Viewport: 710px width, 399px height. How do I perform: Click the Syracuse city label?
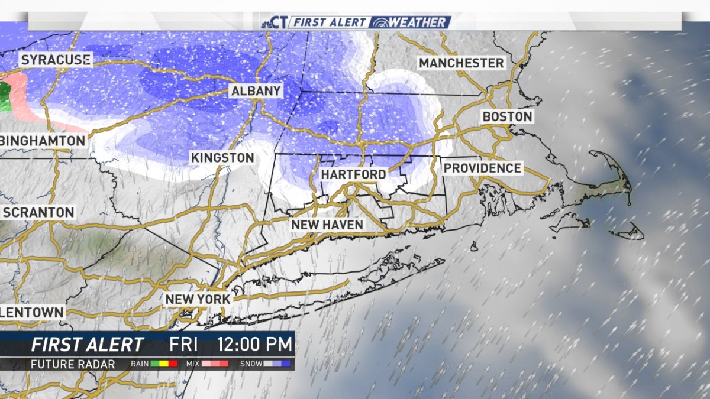(x=56, y=60)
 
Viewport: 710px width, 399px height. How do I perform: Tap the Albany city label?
(x=256, y=91)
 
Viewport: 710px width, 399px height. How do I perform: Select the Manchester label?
(x=461, y=63)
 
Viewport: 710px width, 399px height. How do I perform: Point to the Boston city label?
(x=508, y=116)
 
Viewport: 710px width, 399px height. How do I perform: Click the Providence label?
(x=482, y=168)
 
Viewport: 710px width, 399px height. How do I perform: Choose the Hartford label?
(x=353, y=174)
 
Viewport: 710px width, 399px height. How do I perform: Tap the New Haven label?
(x=327, y=225)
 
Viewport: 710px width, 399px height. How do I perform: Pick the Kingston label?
(x=222, y=158)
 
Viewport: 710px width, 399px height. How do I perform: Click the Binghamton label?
(x=43, y=141)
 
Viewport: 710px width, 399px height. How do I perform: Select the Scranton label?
(x=38, y=212)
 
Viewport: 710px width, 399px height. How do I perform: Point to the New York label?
(x=197, y=299)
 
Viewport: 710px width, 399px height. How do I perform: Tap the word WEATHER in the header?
(x=417, y=22)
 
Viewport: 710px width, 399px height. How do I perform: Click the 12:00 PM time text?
(x=254, y=344)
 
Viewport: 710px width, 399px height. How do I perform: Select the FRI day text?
(x=183, y=344)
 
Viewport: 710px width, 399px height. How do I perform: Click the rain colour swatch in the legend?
(x=164, y=364)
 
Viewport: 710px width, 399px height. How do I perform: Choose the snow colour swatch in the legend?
(x=277, y=364)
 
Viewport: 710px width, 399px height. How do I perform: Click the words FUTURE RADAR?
(x=73, y=364)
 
